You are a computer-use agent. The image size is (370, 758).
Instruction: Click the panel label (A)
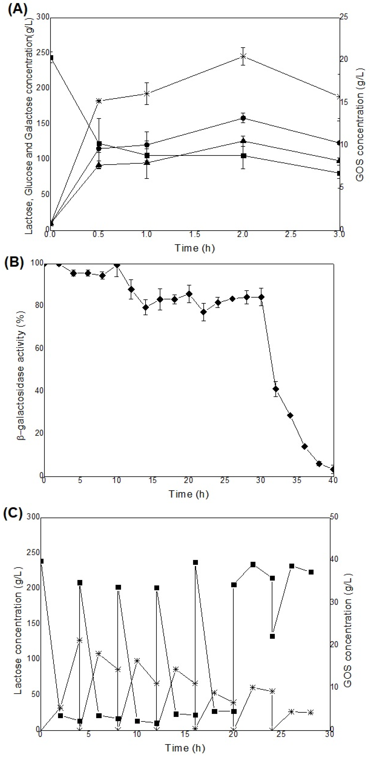tap(18, 9)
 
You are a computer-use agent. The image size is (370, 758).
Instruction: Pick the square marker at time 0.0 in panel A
tap(52, 58)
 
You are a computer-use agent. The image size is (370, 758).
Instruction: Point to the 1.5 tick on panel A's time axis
tap(195, 234)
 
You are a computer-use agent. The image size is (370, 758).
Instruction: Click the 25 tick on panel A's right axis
tap(344, 17)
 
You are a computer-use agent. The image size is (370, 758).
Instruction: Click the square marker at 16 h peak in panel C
tap(195, 562)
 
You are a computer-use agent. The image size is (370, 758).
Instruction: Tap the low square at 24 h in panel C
tap(273, 636)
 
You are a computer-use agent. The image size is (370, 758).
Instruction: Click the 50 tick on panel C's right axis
tap(334, 517)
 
